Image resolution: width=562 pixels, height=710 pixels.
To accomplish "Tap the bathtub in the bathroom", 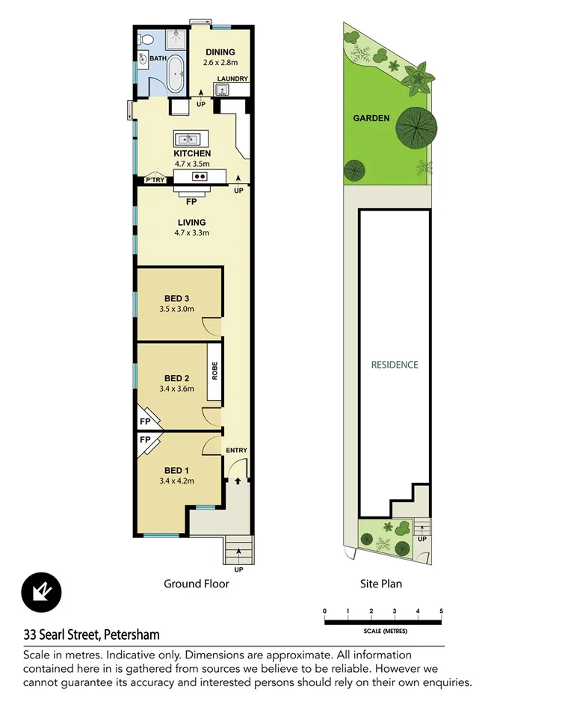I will [x=173, y=73].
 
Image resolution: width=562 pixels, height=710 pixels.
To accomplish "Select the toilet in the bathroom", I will [x=146, y=40].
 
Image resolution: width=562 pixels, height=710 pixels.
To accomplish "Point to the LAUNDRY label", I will [x=232, y=78].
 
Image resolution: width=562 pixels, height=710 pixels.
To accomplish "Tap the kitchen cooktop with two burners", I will [x=199, y=176].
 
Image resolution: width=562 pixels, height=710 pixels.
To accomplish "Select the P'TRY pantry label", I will [x=155, y=180].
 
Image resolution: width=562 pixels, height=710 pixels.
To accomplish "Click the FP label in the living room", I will [x=192, y=200].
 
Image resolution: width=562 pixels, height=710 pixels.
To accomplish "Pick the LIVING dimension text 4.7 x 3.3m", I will [x=192, y=233].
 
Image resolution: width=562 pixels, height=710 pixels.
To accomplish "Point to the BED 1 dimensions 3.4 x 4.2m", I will [x=177, y=481].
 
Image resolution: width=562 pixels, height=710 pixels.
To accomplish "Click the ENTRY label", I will [x=236, y=450].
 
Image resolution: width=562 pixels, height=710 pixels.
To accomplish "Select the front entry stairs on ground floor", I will [x=238, y=550].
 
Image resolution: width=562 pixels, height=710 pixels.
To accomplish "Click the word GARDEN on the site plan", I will [x=371, y=118].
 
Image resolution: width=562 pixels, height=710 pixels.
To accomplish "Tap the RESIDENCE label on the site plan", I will [x=395, y=365].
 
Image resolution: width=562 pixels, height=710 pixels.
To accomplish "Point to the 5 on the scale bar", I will [x=442, y=611].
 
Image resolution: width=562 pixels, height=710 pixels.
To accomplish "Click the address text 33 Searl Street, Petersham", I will [x=91, y=635].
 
